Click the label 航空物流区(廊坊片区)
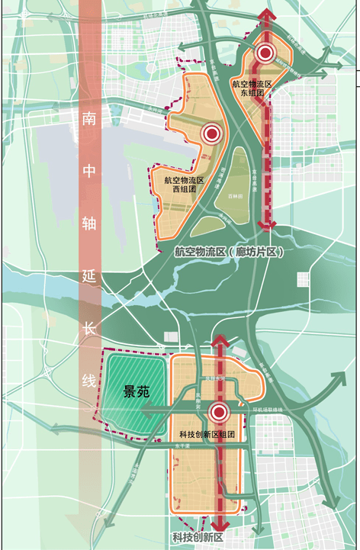pos(228,251)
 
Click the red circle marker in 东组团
pos(265,53)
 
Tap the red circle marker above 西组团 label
pos(211,134)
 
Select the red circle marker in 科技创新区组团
pos(220,413)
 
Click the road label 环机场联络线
pos(268,409)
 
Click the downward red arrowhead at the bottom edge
pos(221,526)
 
